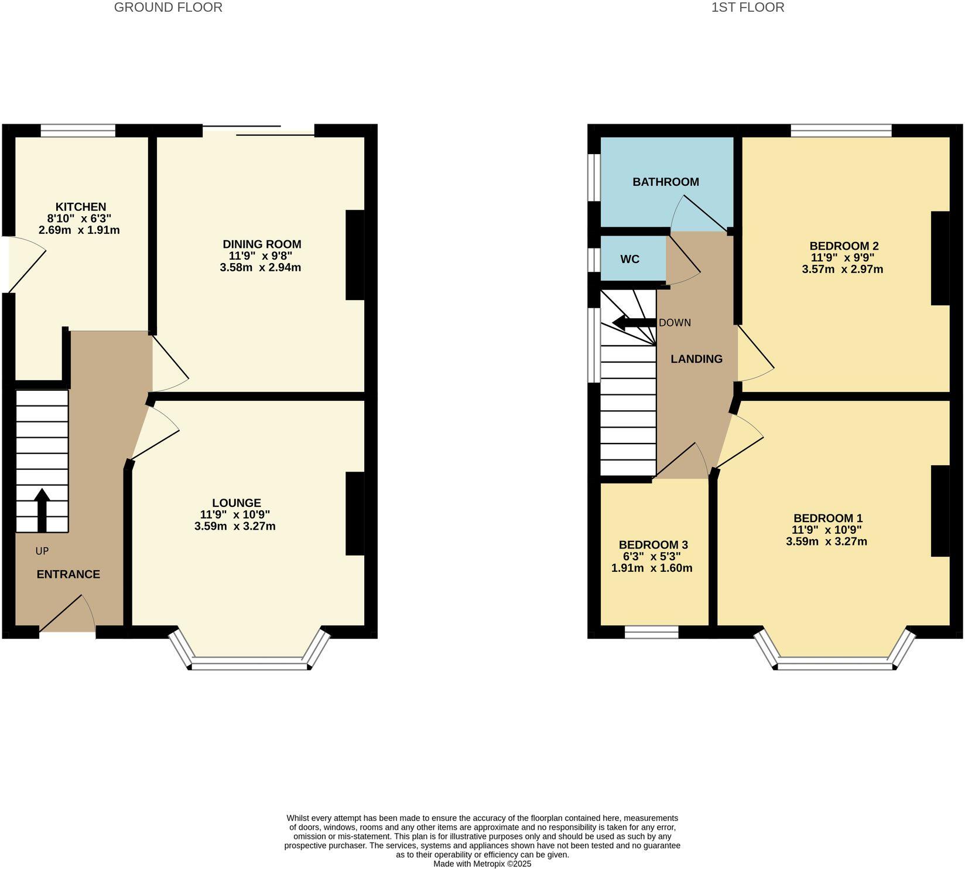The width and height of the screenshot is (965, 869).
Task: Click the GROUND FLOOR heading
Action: point(168,8)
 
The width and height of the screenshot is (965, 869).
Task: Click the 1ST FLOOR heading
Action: point(748,8)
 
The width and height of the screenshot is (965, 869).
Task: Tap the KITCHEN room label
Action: point(81,207)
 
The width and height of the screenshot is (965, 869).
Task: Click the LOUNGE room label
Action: point(237,503)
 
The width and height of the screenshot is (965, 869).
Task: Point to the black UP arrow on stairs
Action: point(42,509)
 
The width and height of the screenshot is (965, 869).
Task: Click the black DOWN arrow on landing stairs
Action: point(634,322)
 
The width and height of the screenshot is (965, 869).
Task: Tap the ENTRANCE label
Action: point(69,574)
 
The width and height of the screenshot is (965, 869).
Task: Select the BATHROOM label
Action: point(666,182)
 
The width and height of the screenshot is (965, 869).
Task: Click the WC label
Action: point(630,259)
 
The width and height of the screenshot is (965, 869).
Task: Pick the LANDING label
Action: point(696,359)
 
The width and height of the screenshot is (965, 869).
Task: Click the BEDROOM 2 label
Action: point(844,246)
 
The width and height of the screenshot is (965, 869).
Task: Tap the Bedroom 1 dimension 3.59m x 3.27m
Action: point(827,541)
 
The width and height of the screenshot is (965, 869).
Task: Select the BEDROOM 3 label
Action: point(652,544)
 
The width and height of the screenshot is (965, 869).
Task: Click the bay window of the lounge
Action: point(249,663)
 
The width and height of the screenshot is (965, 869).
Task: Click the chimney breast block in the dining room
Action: point(355,255)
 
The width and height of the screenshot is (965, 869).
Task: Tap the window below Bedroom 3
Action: point(651,632)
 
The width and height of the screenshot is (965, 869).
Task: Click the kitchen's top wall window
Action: point(78,130)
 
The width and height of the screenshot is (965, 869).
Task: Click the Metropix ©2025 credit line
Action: point(482,864)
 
